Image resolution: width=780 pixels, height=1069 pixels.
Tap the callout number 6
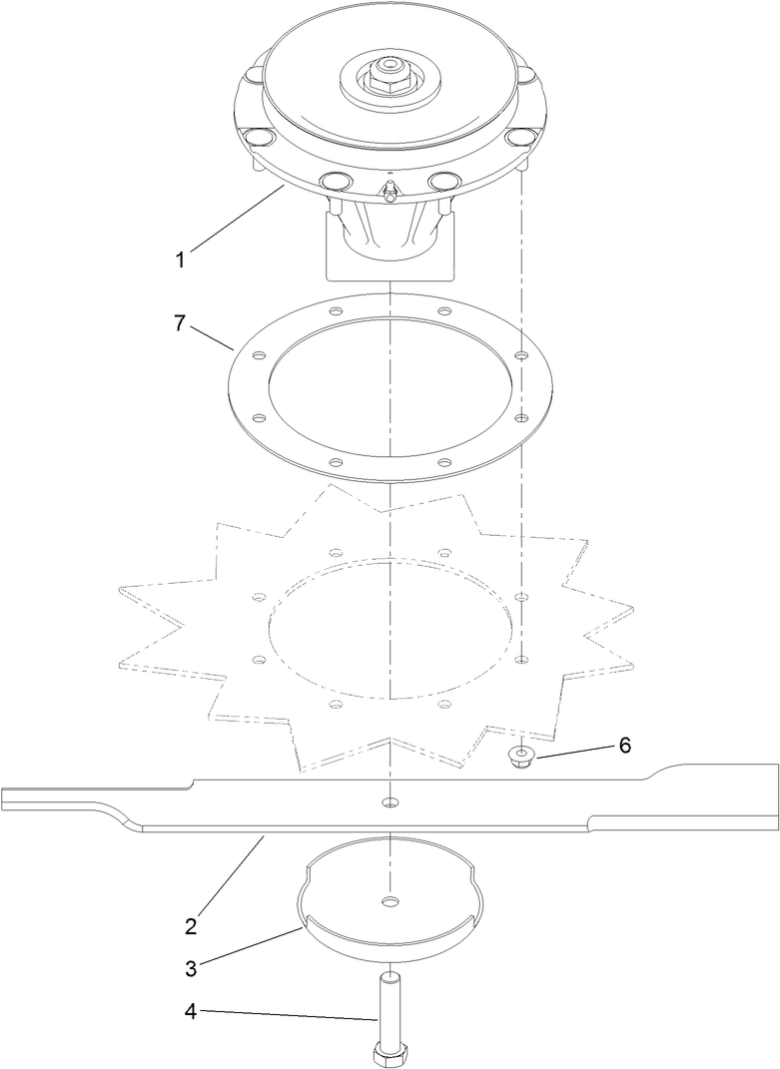point(625,745)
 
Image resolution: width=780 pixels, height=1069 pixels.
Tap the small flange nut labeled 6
point(520,757)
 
